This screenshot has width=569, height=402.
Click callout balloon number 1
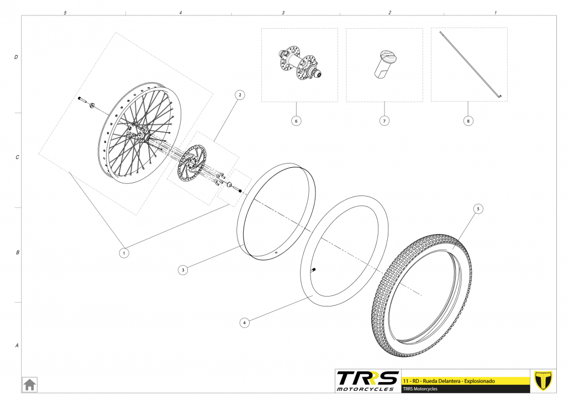(124, 252)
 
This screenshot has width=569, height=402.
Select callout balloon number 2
(239, 95)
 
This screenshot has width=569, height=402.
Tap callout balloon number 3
(183, 269)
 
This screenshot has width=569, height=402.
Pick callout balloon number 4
(245, 321)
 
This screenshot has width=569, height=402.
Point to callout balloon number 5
(478, 209)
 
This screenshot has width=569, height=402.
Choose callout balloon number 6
(297, 120)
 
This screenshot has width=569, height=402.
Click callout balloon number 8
(468, 120)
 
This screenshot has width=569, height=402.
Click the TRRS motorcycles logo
(367, 380)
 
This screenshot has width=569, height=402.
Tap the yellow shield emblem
(545, 380)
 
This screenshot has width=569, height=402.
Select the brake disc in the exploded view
(191, 163)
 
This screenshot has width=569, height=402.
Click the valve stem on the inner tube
(314, 269)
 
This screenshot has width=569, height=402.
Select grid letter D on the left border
(16, 57)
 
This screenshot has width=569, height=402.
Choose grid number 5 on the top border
(65, 12)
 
